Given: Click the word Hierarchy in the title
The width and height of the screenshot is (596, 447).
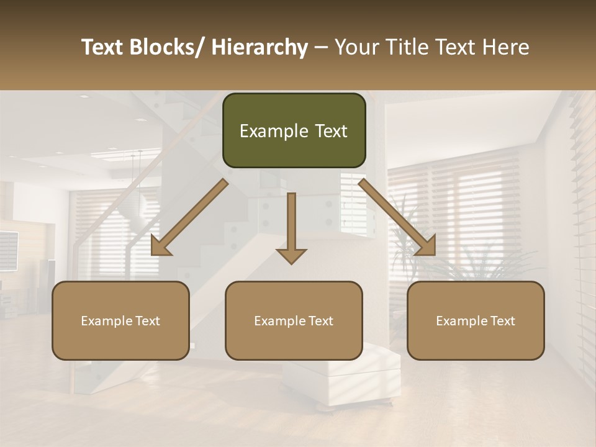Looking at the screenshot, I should pyautogui.click(x=260, y=48).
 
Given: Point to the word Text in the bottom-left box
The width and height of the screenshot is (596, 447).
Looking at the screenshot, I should pyautogui.click(x=147, y=321).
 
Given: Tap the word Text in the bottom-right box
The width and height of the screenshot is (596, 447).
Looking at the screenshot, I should pyautogui.click(x=502, y=321).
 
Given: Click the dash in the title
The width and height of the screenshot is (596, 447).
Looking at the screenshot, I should pyautogui.click(x=321, y=48).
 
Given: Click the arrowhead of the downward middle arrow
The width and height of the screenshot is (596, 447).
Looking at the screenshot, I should pyautogui.click(x=291, y=255).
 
